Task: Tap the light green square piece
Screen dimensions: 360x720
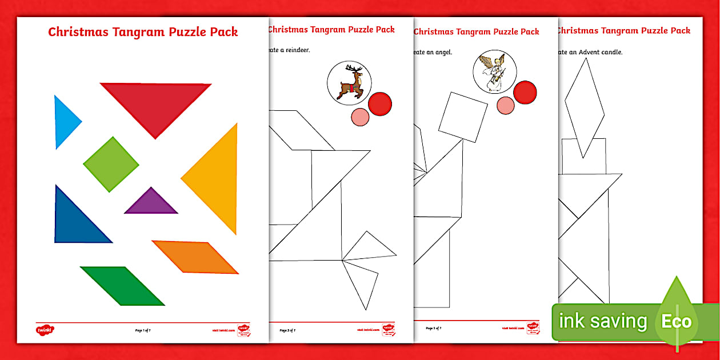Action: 111,164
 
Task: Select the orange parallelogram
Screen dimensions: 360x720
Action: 195,257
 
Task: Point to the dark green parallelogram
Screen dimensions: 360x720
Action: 122,285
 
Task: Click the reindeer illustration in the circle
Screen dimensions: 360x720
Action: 349,82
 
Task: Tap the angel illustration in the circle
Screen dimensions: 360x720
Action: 495,71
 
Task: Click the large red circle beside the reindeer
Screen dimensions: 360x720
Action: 380,103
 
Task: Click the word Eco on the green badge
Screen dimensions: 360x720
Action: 676,322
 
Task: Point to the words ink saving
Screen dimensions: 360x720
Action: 602,322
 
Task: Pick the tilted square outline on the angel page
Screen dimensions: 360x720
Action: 463,117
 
